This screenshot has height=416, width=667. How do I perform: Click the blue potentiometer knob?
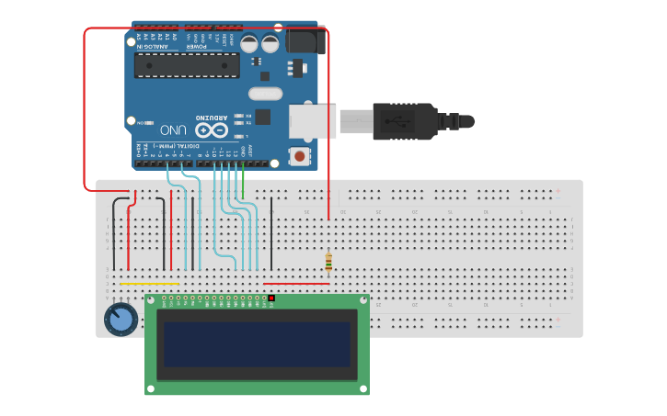coord(120,320)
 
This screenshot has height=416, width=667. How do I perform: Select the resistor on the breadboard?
coord(328,263)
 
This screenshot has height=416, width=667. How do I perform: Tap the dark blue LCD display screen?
coord(257,344)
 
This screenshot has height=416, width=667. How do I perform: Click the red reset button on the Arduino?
coord(299,156)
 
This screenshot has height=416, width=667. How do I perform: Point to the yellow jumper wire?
coord(149,284)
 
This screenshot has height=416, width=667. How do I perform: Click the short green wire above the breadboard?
coord(243,186)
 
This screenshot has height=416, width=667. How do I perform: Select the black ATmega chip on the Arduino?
coord(187,65)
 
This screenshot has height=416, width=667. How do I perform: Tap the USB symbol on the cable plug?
coord(398,120)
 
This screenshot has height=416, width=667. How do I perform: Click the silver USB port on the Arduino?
coord(312,121)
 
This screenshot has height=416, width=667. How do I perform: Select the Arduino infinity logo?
coord(209,130)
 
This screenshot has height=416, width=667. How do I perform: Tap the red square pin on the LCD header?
coord(271,298)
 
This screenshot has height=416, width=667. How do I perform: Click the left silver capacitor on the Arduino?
coord(249,43)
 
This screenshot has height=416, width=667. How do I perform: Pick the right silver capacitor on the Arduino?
coord(270,43)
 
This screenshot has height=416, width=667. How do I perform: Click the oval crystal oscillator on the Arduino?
coord(265,93)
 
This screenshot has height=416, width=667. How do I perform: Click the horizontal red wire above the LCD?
coord(296,284)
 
